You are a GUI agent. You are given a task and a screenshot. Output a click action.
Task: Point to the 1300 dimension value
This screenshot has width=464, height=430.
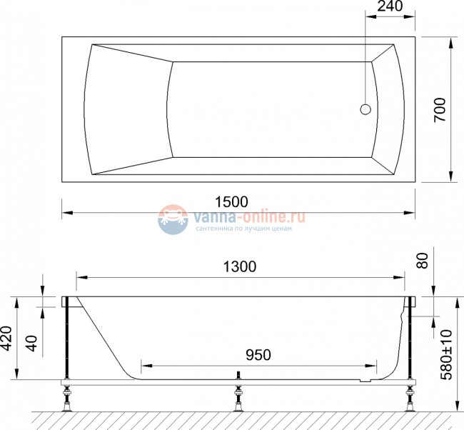[x=239, y=266]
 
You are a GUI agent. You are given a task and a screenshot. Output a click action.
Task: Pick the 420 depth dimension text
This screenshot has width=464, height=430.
[x=7, y=339]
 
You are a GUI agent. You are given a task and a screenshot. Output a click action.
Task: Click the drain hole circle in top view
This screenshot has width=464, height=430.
[x=365, y=110]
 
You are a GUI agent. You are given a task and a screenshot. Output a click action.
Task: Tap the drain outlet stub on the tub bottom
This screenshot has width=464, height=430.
[x=239, y=376]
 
